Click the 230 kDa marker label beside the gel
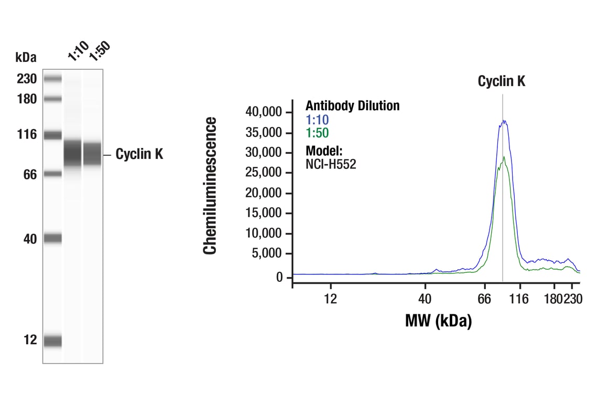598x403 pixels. point(26,79)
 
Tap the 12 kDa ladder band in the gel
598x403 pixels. point(52,341)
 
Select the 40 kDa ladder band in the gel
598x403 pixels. point(52,239)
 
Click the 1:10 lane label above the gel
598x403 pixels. point(77,53)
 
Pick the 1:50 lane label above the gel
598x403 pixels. point(99,53)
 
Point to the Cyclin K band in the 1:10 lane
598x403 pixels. point(72,154)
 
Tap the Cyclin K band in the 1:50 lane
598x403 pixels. point(93,154)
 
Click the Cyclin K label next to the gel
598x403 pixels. point(139,154)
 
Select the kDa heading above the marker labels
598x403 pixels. point(26,57)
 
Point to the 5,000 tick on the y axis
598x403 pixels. point(266,254)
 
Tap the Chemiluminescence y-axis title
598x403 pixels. point(210,186)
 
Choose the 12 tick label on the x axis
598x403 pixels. point(330,299)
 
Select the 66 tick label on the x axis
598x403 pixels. point(484,299)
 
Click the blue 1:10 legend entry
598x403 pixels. point(317,120)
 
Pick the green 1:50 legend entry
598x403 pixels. point(317,133)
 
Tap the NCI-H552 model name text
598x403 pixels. point(331,164)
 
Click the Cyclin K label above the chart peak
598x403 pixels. point(501,81)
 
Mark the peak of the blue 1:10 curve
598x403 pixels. point(504,121)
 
